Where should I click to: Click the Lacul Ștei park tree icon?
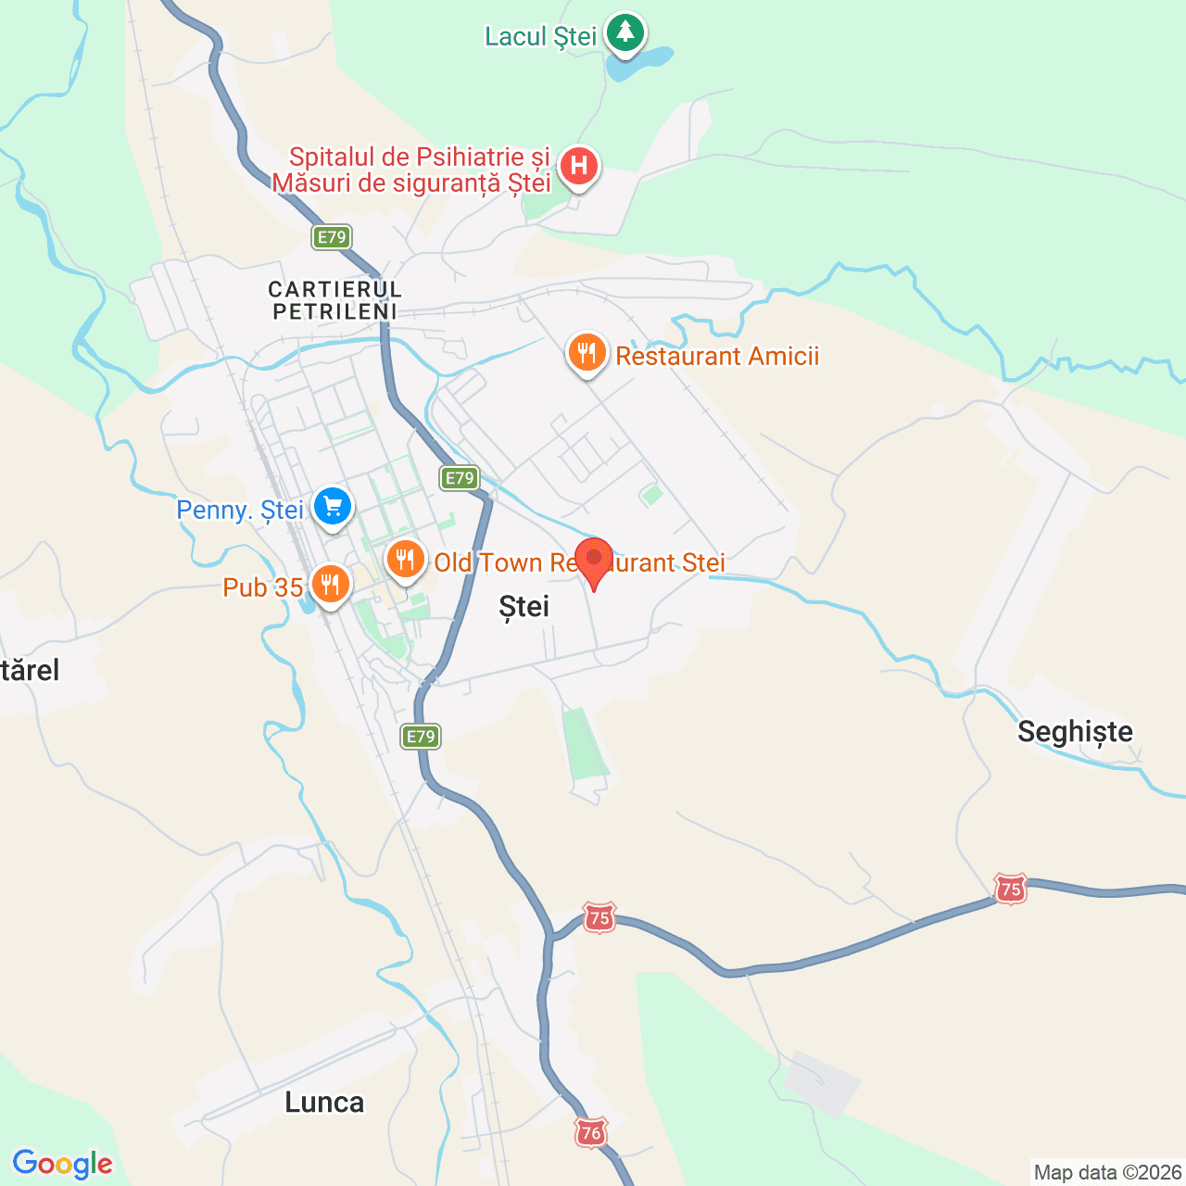(625, 32)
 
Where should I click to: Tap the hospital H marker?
(579, 167)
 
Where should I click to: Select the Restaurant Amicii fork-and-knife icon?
(587, 353)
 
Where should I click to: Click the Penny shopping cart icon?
(333, 507)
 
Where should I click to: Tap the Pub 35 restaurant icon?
(330, 585)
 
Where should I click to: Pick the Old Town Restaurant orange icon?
(405, 560)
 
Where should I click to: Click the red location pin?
(594, 560)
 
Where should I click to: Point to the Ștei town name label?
(524, 607)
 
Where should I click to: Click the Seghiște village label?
(1075, 732)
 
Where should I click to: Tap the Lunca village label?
(324, 1103)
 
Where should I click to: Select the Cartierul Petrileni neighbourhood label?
(335, 301)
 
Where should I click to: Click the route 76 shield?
(590, 1132)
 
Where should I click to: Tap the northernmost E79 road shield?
(332, 237)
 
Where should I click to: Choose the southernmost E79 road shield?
(421, 737)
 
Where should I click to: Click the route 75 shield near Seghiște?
(1010, 889)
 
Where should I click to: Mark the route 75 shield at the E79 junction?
(599, 918)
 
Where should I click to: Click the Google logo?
(63, 1164)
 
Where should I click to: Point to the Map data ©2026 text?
(1107, 1173)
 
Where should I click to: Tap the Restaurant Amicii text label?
(717, 357)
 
